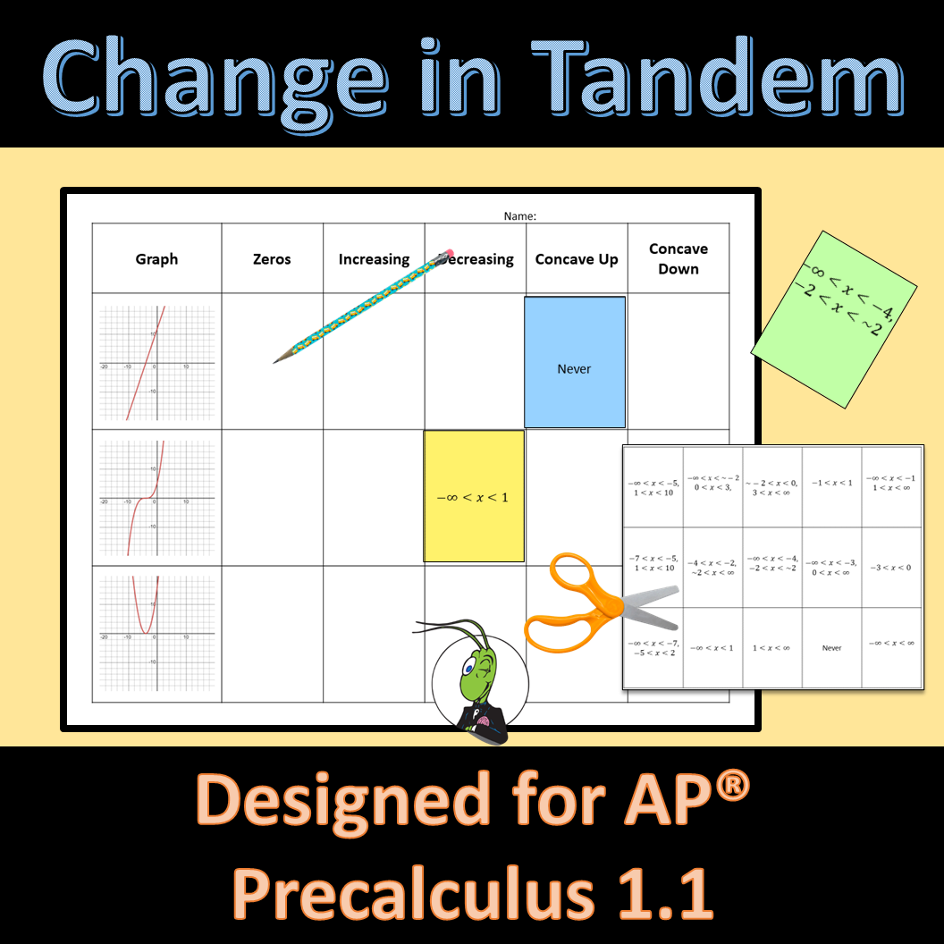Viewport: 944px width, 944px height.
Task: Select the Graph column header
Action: tap(156, 259)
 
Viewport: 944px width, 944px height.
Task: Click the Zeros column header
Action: tap(272, 259)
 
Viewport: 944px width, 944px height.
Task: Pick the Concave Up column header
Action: tap(577, 259)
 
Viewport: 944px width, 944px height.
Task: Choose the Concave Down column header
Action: tap(678, 258)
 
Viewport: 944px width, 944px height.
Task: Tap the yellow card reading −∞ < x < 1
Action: tap(474, 496)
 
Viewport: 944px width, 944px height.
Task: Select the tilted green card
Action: tap(834, 319)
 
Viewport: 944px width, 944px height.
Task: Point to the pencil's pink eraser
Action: tap(447, 256)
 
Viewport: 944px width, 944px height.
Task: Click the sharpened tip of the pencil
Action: tap(277, 360)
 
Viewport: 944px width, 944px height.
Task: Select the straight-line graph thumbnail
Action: tap(157, 362)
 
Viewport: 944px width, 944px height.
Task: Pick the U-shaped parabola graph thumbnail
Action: tap(157, 633)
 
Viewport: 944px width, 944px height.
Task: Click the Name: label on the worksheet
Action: tap(519, 215)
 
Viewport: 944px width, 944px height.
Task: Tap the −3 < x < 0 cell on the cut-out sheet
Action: tap(891, 568)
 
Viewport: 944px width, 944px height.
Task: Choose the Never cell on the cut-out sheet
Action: tap(831, 648)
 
